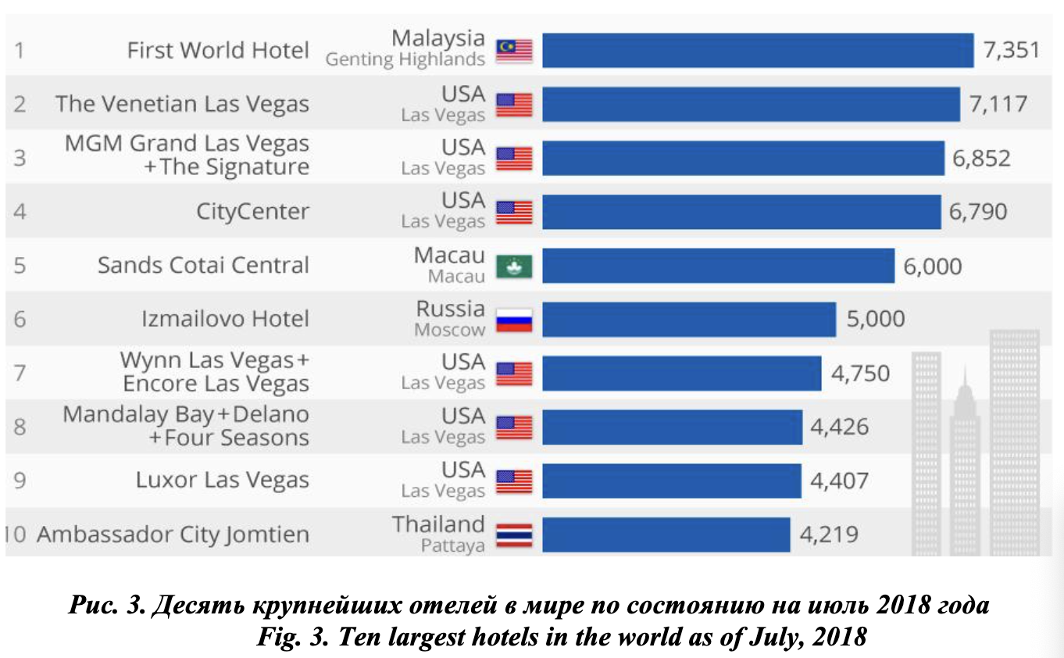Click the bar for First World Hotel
point(758,51)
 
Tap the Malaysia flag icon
point(514,51)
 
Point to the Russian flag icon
point(514,320)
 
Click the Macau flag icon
point(514,266)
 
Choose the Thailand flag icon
point(514,535)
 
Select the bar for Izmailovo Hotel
point(689,320)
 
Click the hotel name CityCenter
point(252,212)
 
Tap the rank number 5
point(20,266)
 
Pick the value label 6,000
point(933,266)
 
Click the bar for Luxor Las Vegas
point(672,481)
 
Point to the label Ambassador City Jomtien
point(173,535)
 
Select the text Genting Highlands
point(405,60)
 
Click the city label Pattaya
point(453,545)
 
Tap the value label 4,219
point(829,535)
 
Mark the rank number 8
point(20,427)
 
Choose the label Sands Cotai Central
point(203,266)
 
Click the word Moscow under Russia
point(450,330)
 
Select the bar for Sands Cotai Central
point(718,266)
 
